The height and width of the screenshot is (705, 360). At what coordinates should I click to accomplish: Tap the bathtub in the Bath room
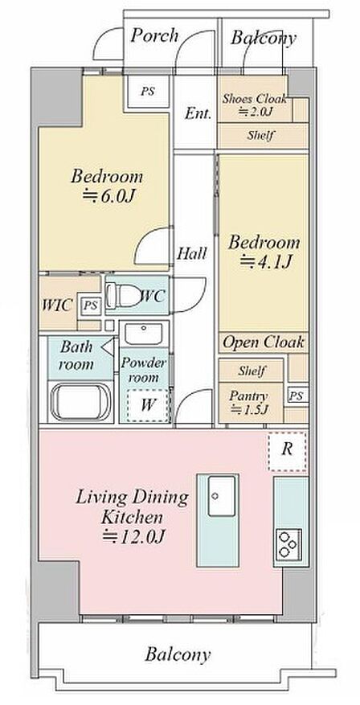coord(81,401)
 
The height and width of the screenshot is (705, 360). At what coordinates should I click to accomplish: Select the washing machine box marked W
coord(147,405)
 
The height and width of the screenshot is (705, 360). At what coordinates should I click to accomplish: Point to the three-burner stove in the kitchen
coord(288,544)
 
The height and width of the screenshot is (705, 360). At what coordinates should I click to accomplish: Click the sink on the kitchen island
coord(221,495)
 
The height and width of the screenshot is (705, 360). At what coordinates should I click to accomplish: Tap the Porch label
coord(154,35)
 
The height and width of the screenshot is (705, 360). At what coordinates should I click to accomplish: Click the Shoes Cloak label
coord(255,98)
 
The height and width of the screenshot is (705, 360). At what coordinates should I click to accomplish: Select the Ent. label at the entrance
coord(198,113)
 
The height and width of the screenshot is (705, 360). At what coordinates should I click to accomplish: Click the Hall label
coord(192,253)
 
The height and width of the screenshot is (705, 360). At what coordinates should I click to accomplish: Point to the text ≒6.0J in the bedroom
coord(109,196)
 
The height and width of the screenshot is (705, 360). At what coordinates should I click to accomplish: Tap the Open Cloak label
coord(264,342)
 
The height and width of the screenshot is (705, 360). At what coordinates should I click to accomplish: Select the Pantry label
coord(248,396)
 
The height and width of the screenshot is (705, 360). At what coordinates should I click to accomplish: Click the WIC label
coord(57,305)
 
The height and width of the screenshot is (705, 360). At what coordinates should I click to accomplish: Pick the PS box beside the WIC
coord(91,305)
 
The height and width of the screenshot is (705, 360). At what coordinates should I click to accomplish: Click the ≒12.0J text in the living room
coord(133,537)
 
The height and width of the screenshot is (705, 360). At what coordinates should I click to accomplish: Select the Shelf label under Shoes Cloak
coord(260,135)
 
